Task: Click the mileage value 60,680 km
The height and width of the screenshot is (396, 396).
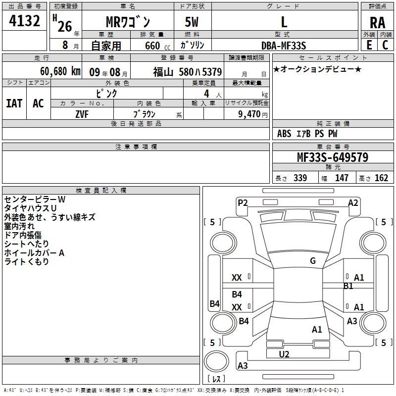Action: point(55,71)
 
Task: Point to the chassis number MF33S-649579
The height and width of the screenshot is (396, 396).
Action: point(332,157)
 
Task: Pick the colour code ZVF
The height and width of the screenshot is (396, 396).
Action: point(82,114)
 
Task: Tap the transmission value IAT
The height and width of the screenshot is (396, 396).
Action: point(14,103)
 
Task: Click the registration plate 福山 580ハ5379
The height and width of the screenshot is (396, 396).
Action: point(187,72)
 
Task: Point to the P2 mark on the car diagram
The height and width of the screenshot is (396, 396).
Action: point(243,202)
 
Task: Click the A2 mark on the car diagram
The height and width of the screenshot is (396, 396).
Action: point(353,202)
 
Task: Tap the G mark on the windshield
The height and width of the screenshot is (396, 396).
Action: point(313,261)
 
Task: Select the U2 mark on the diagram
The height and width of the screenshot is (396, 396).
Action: point(284,354)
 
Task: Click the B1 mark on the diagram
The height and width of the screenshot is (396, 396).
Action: point(348,286)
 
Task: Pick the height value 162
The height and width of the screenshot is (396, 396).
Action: point(381,178)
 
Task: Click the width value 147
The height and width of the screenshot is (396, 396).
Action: point(342,178)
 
